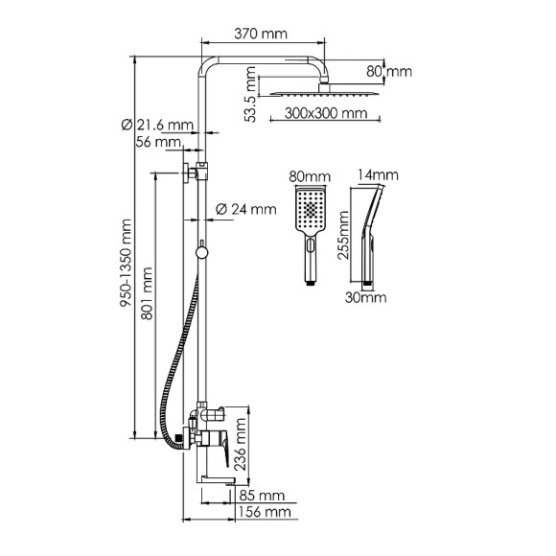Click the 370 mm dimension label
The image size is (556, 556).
coord(261,34)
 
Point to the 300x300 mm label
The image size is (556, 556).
coord(326,113)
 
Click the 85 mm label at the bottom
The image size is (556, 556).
coord(261,497)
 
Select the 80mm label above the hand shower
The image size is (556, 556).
coord(308,176)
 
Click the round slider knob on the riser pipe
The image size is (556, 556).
coord(201,253)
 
